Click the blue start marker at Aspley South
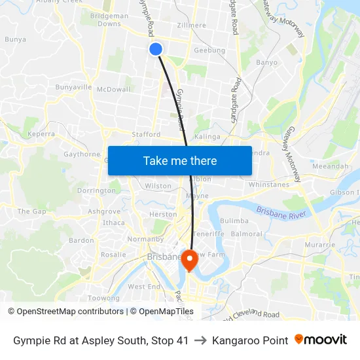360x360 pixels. coord(156,49)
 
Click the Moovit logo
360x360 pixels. coord(321,340)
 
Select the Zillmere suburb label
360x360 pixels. coord(191,26)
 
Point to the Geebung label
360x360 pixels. coord(209,50)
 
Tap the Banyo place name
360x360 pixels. coord(266,63)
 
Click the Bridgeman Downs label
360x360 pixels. coord(109,19)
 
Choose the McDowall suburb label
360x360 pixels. coord(114,89)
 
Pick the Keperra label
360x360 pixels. coord(40,134)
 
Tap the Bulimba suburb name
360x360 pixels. coord(234,221)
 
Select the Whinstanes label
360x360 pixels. coord(268,185)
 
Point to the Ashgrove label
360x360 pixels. coord(104,211)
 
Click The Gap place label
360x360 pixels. coord(32,211)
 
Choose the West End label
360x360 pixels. coord(144,287)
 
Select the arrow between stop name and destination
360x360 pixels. coord(200,340)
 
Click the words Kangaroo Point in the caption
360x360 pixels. coord(250,340)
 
